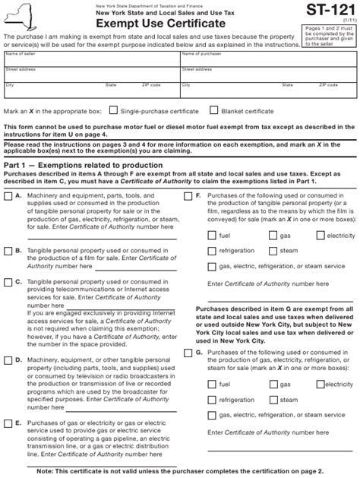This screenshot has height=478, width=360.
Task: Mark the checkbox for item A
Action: pos(8,196)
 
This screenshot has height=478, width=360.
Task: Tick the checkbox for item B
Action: pos(8,250)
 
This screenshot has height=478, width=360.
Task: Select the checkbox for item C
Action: pos(8,281)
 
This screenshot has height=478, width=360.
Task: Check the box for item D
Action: pos(8,360)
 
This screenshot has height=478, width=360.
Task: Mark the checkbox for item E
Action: pos(8,422)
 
